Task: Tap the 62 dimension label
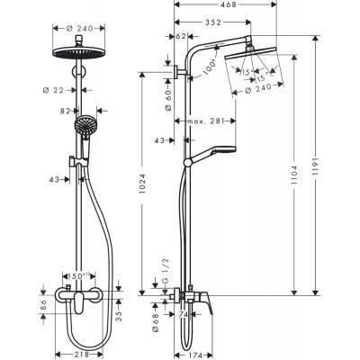pyautogui.click(x=183, y=37)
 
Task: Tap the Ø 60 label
pyautogui.click(x=168, y=92)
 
